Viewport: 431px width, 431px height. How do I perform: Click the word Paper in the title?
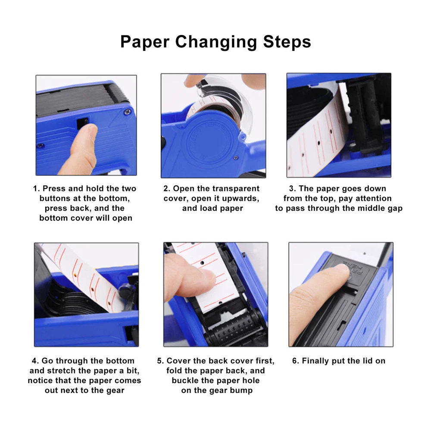click(144, 42)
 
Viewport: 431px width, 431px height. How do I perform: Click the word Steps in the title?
click(287, 42)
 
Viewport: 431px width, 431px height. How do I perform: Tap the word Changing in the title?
click(216, 43)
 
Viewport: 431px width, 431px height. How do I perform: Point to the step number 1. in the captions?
click(37, 189)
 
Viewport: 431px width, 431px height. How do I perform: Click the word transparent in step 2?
click(236, 189)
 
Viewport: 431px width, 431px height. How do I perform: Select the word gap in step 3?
click(395, 208)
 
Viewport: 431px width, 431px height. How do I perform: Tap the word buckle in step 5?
click(185, 381)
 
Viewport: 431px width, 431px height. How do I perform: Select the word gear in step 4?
click(116, 390)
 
